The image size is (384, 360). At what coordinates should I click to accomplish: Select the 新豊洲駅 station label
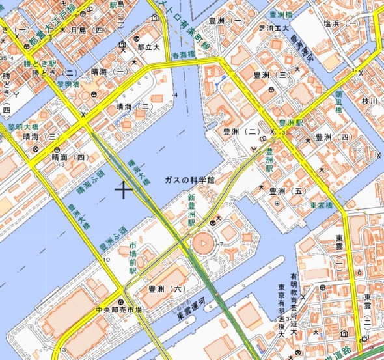click(x=192, y=210)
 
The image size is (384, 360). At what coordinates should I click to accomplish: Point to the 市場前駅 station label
click(x=133, y=257)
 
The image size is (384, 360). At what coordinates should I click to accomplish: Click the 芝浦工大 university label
click(x=273, y=29)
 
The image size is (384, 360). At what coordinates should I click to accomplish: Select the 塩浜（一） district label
click(x=342, y=23)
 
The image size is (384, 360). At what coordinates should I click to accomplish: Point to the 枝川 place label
click(x=369, y=101)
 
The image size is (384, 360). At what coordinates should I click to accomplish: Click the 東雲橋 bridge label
click(x=321, y=205)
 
